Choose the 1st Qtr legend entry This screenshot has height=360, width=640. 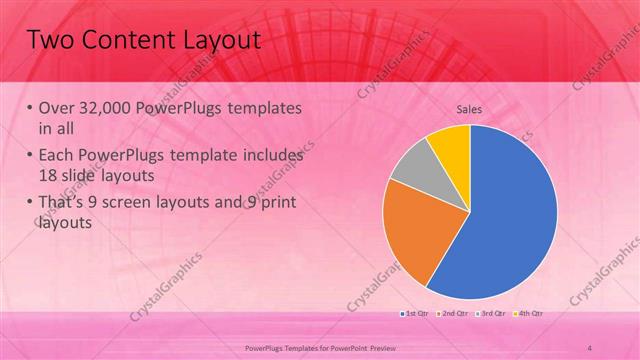click(x=417, y=314)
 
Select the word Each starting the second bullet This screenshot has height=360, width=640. click(x=58, y=157)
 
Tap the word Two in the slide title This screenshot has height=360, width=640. click(x=47, y=40)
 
